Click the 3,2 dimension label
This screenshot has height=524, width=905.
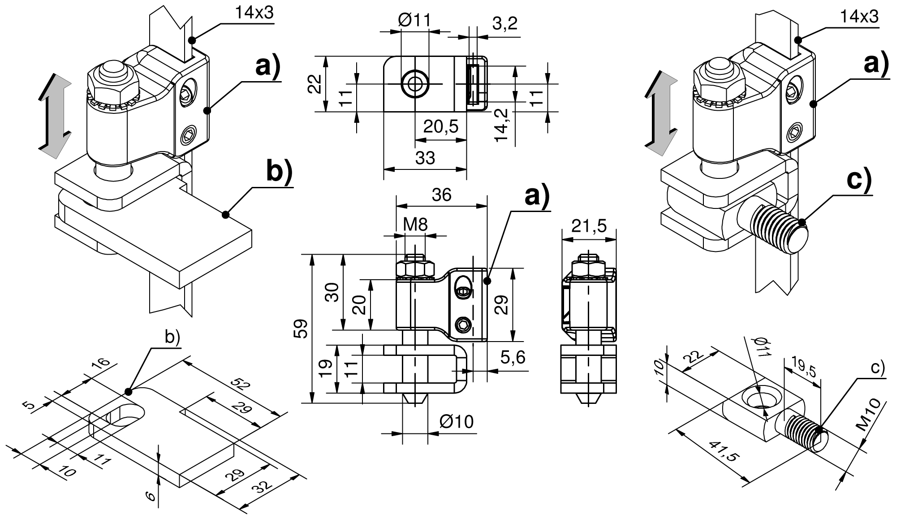(x=505, y=23)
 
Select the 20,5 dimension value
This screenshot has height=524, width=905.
(x=441, y=127)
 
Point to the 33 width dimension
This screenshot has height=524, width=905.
(x=425, y=158)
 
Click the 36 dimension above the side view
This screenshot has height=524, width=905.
(x=441, y=195)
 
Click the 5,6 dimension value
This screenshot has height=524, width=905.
(x=513, y=358)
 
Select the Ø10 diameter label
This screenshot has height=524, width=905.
(x=456, y=422)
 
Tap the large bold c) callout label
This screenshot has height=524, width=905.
(x=859, y=180)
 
